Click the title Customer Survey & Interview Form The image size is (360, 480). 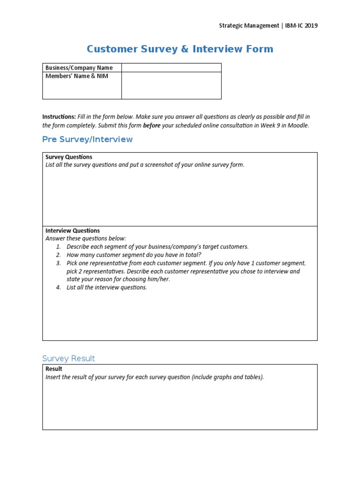[180, 49]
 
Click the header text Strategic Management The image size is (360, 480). [249, 26]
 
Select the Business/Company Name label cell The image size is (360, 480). [79, 68]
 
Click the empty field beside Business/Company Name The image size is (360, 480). [171, 68]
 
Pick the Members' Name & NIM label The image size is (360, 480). [77, 76]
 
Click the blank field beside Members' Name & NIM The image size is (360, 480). [171, 85]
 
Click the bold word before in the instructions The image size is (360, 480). [151, 126]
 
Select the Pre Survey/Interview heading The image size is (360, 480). [87, 139]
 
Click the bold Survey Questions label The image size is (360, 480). [69, 157]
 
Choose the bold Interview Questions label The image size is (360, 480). [73, 231]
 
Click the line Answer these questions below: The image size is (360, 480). [86, 239]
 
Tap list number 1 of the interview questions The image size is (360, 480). [59, 247]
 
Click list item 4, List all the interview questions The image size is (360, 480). [106, 287]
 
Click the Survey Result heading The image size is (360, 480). [68, 359]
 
